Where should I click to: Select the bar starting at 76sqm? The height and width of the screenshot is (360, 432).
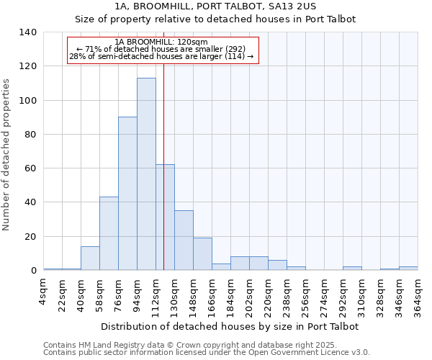[127, 194]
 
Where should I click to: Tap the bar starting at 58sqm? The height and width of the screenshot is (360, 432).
[109, 233]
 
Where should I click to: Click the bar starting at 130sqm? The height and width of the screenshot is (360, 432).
[184, 240]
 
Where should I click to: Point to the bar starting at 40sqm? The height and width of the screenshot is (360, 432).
[90, 258]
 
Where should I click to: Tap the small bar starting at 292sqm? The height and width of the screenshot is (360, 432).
[352, 269]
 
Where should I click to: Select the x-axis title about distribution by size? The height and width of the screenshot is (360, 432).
[230, 326]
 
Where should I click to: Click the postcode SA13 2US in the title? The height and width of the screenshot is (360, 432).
[289, 6]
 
